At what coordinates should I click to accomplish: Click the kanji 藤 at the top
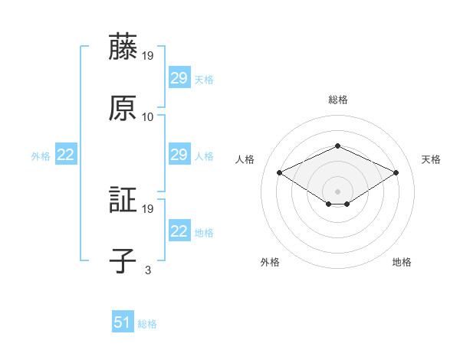pyautogui.click(x=123, y=47)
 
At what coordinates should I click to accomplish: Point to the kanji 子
pyautogui.click(x=123, y=260)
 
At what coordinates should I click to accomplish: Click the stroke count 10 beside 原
pyautogui.click(x=148, y=117)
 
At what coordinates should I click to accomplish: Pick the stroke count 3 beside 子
pyautogui.click(x=148, y=270)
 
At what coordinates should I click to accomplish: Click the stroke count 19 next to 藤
pyautogui.click(x=148, y=56)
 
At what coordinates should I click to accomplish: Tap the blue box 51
pyautogui.click(x=123, y=322)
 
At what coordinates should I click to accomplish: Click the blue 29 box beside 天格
pyautogui.click(x=179, y=78)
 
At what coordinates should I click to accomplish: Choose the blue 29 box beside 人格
pyautogui.click(x=179, y=155)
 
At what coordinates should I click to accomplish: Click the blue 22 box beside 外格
pyautogui.click(x=66, y=155)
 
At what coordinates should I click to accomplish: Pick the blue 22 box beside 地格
pyautogui.click(x=179, y=231)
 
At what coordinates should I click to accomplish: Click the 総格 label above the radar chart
pyautogui.click(x=338, y=100)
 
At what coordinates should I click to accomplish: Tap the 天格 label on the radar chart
pyautogui.click(x=431, y=159)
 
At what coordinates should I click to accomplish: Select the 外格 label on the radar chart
pyautogui.click(x=270, y=262)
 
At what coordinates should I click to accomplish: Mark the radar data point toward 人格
pyautogui.click(x=280, y=173)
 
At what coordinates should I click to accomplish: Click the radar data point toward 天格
pyautogui.click(x=396, y=173)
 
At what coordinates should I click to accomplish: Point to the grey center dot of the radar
pyautogui.click(x=338, y=191)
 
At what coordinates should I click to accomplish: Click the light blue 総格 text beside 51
pyautogui.click(x=147, y=324)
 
